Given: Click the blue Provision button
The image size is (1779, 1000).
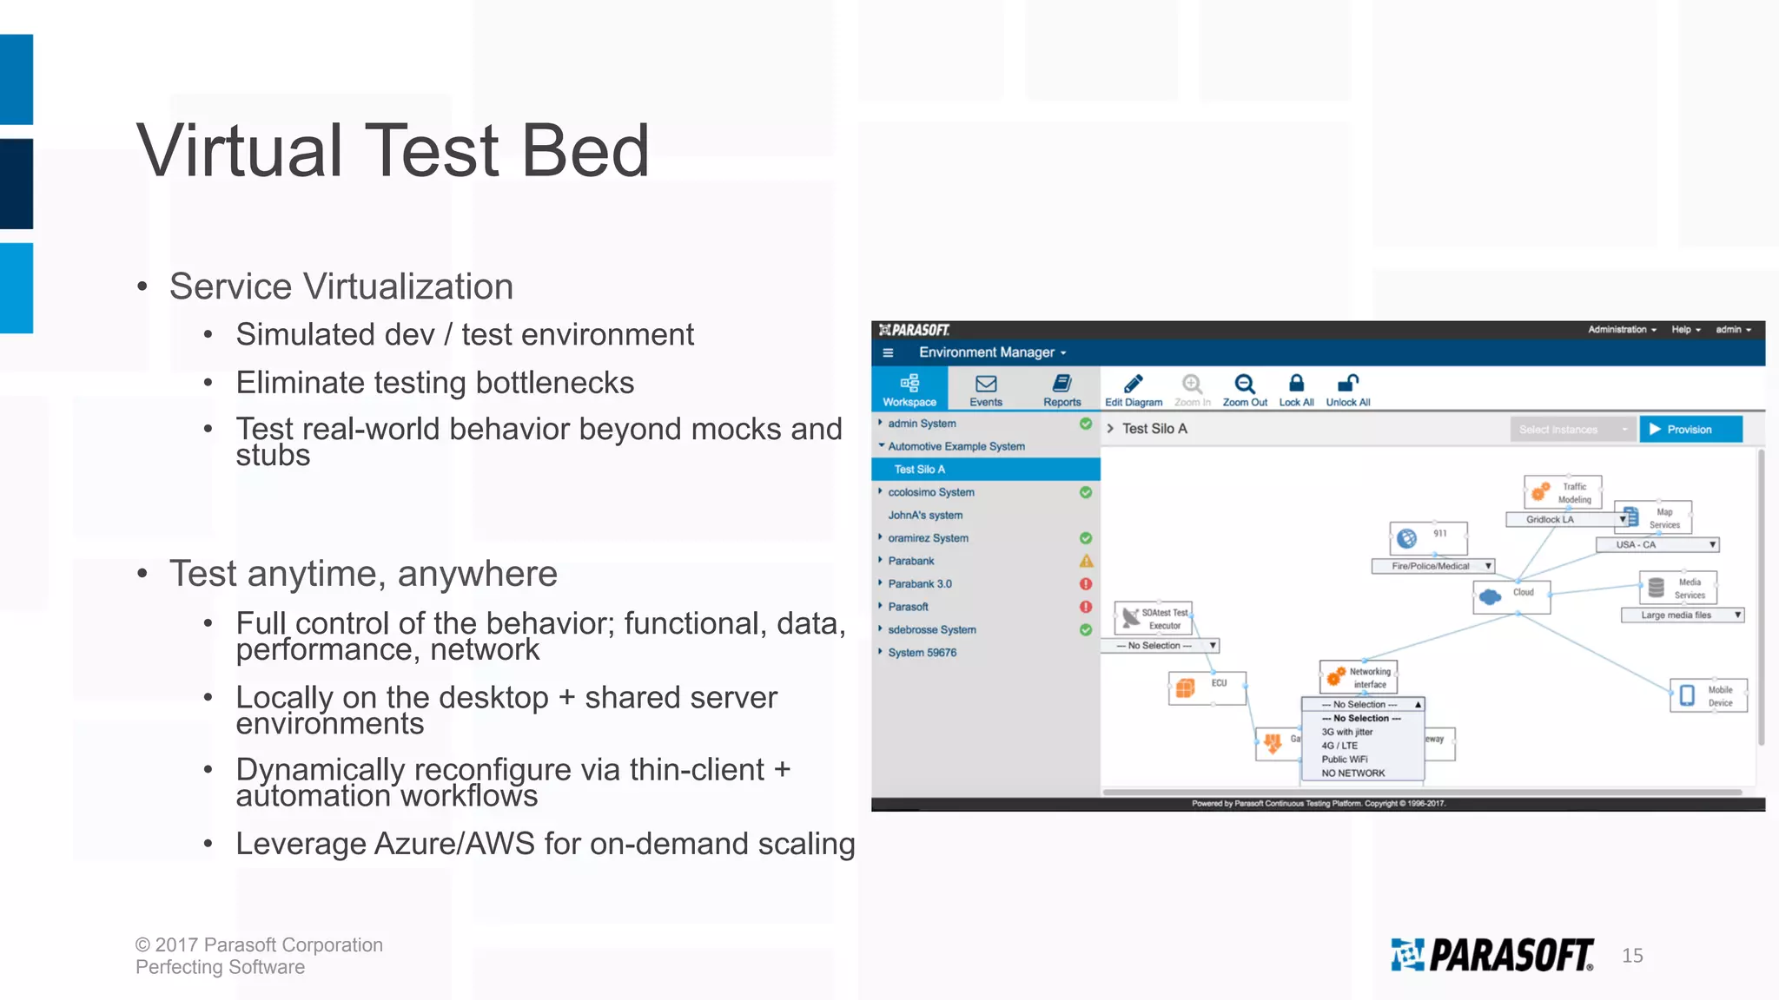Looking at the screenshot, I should [1690, 430].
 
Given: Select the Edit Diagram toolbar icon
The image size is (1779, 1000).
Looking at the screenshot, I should [1133, 385].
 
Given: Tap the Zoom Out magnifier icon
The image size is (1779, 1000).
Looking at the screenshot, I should [1244, 385].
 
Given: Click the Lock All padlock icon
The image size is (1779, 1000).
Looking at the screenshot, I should [1296, 384].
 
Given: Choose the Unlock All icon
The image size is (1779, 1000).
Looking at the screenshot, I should [1347, 384].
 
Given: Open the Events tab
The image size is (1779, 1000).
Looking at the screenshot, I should [986, 390].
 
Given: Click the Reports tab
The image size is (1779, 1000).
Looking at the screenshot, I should [1061, 390].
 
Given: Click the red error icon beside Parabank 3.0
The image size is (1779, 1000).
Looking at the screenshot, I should [1086, 584].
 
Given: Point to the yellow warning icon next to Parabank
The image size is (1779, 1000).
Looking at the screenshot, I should [1086, 562].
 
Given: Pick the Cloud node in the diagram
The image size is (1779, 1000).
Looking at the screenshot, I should [1511, 596].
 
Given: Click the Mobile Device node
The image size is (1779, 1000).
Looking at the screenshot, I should [1708, 696].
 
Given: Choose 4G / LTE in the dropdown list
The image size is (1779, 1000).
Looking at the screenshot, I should [1339, 746].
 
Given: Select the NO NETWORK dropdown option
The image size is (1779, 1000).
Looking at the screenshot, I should [1353, 773].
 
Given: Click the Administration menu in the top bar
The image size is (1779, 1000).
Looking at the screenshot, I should [1622, 330].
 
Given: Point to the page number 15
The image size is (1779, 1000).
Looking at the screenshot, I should [1632, 956].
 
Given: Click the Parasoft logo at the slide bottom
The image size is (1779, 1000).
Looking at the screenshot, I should [1491, 955].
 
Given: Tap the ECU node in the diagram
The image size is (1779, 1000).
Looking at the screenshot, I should [1207, 687].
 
